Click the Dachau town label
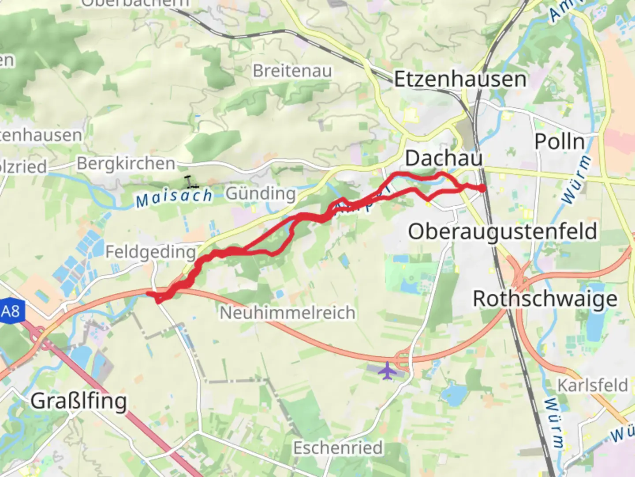(x=444, y=158)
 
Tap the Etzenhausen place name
(x=460, y=79)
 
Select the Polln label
(x=560, y=142)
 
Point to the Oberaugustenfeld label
(x=502, y=231)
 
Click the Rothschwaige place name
(x=545, y=299)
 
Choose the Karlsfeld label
(x=592, y=385)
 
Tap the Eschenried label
(x=338, y=448)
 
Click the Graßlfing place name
(x=78, y=401)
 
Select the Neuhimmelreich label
(x=288, y=313)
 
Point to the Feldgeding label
(x=150, y=252)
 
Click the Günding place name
(x=261, y=193)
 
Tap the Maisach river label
(x=174, y=197)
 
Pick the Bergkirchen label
(x=126, y=163)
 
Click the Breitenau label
(x=292, y=71)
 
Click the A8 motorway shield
(x=11, y=311)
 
